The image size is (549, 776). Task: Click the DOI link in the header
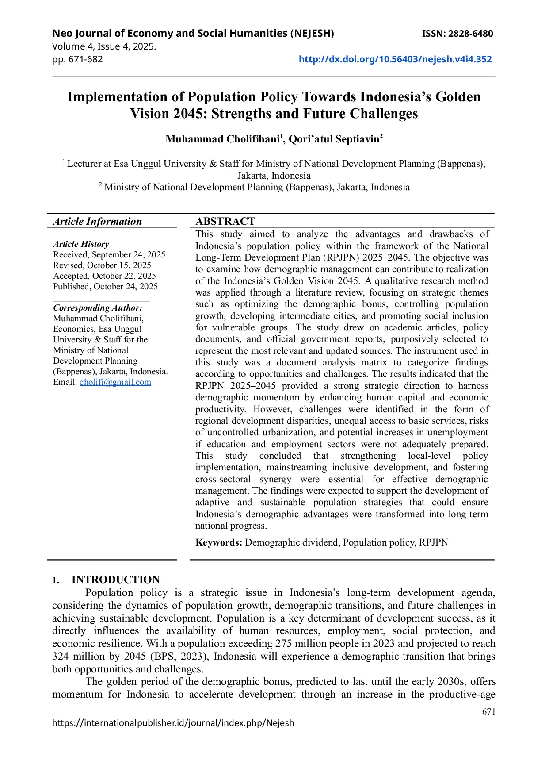395,59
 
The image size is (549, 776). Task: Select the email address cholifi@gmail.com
115,382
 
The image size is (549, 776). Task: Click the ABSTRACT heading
225,221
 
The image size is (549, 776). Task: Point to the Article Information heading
98,222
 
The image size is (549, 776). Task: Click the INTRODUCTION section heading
116,580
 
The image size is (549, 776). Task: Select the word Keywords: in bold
219,542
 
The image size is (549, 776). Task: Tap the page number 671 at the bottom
489,711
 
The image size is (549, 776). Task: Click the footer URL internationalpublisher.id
173,723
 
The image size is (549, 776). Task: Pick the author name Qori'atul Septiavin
334,139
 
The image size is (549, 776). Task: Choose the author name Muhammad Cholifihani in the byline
223,139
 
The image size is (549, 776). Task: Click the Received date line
109,255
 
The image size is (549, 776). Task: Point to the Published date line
105,287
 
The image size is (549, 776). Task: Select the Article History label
81,244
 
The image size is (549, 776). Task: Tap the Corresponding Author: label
98,308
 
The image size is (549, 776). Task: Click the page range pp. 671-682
77,59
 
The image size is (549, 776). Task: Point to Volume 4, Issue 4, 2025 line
104,46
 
